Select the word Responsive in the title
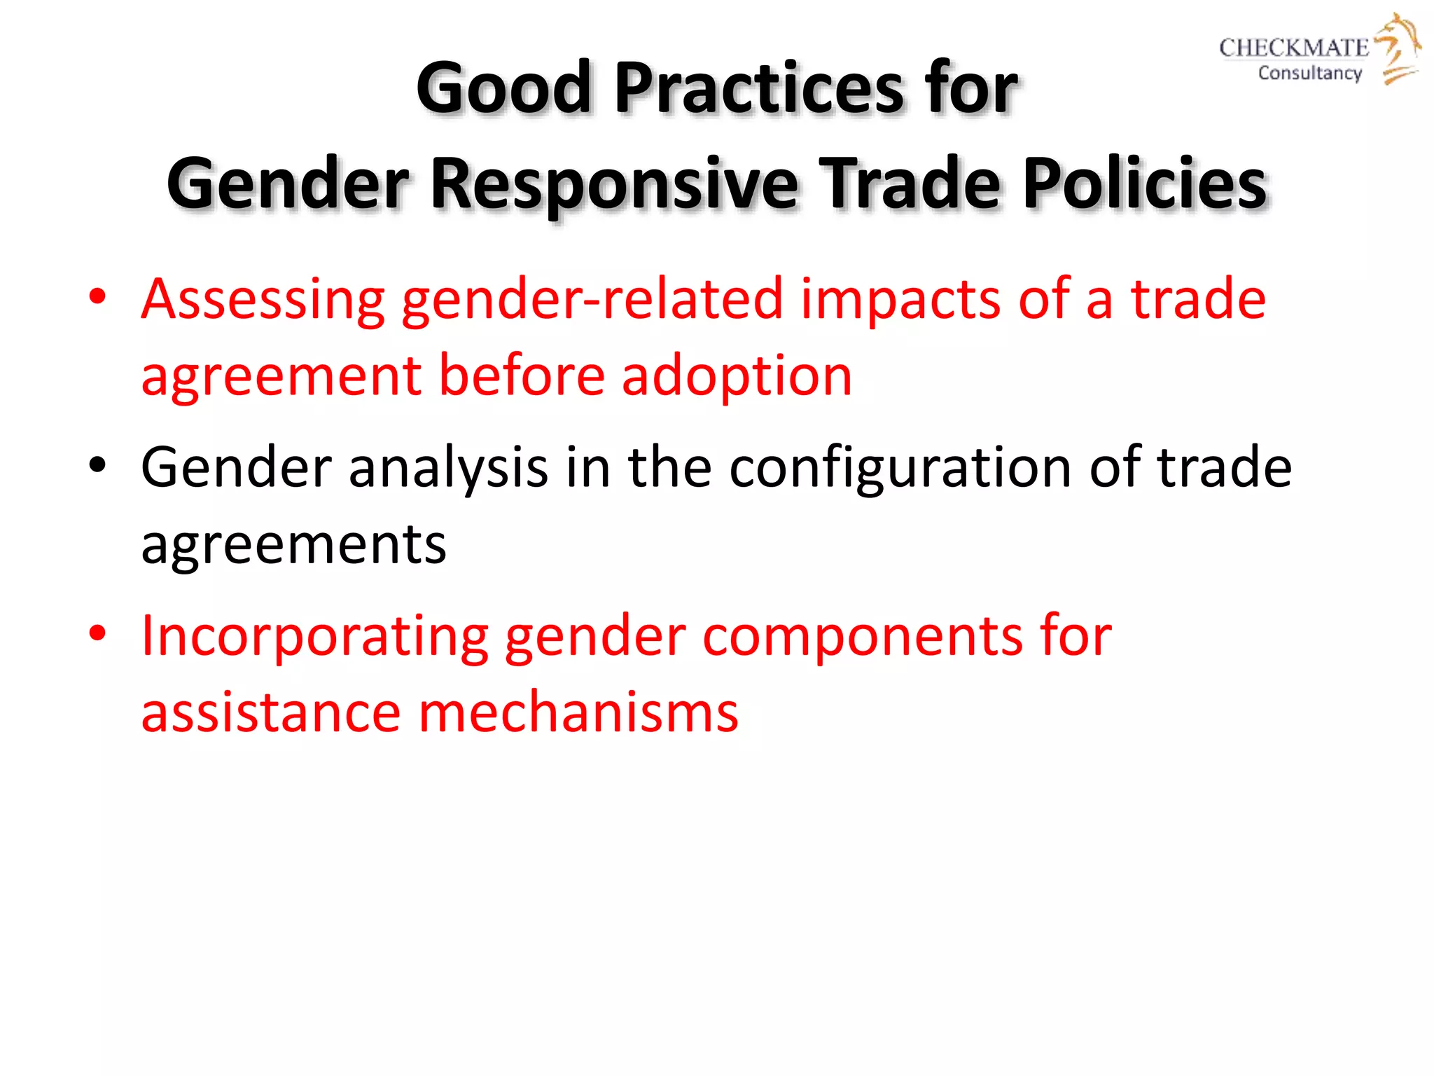613,184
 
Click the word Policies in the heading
1144,184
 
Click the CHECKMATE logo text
1293,48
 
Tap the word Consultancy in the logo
1309,73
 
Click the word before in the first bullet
522,375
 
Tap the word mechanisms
578,713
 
